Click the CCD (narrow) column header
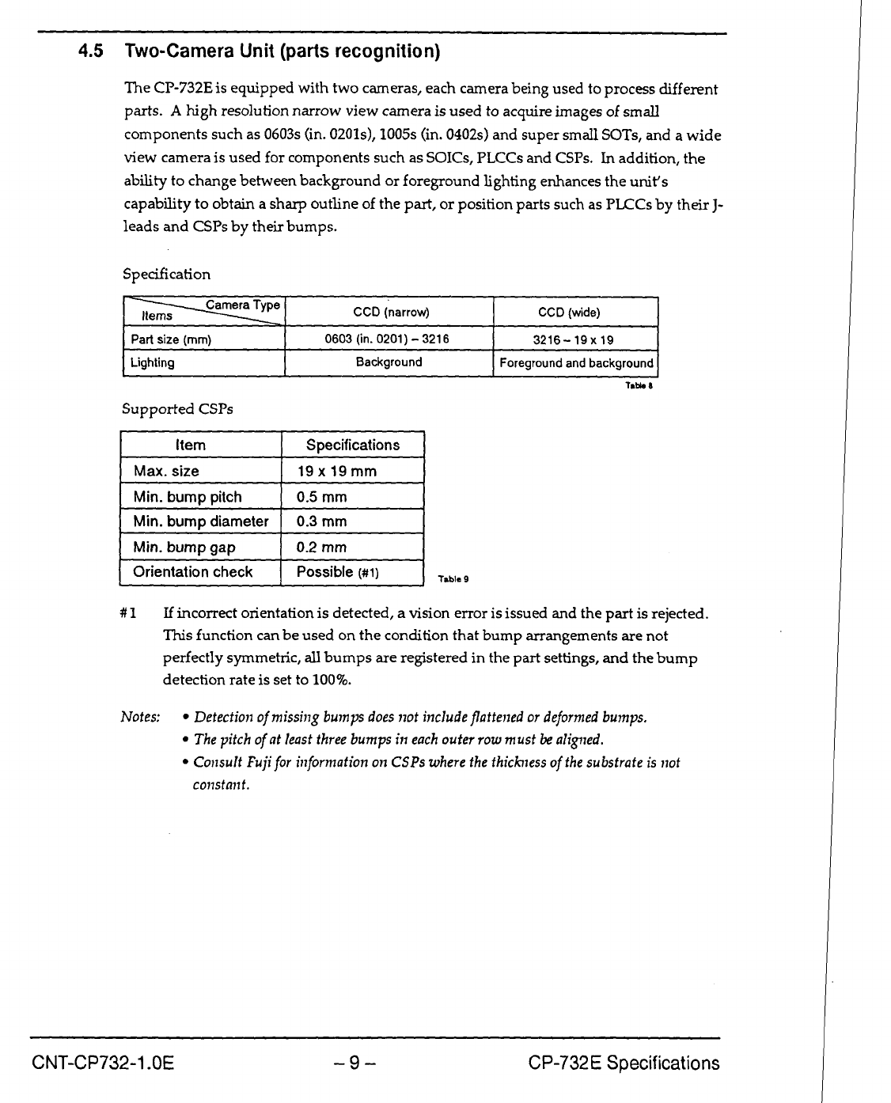[x=390, y=313]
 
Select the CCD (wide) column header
[x=574, y=313]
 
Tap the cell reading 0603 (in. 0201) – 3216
[x=387, y=339]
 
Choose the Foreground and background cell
[x=576, y=363]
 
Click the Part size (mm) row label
[x=171, y=339]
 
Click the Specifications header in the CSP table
[x=353, y=445]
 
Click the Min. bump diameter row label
[x=201, y=521]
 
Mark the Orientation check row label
[x=193, y=572]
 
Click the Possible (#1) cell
[x=338, y=572]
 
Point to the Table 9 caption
[x=455, y=579]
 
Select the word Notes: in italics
[x=140, y=718]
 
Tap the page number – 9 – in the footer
[x=353, y=1063]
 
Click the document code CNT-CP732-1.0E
[x=103, y=1063]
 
